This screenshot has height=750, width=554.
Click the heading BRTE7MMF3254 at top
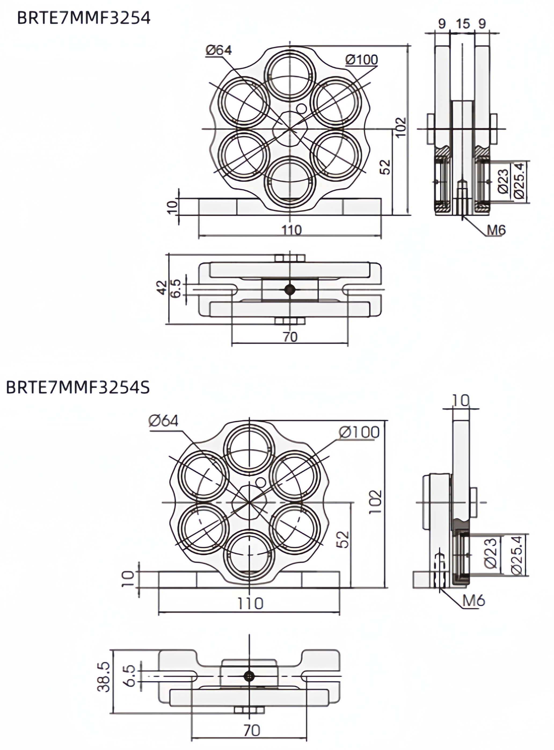pyautogui.click(x=84, y=19)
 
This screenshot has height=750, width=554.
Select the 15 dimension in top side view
pyautogui.click(x=462, y=24)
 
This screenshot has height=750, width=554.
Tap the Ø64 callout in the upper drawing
pyautogui.click(x=219, y=50)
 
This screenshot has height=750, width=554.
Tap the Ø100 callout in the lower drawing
pyautogui.click(x=359, y=432)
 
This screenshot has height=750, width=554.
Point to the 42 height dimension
pyautogui.click(x=162, y=288)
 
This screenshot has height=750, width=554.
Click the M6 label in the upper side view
pyautogui.click(x=496, y=230)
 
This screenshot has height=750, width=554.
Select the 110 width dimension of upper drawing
pyautogui.click(x=291, y=230)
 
